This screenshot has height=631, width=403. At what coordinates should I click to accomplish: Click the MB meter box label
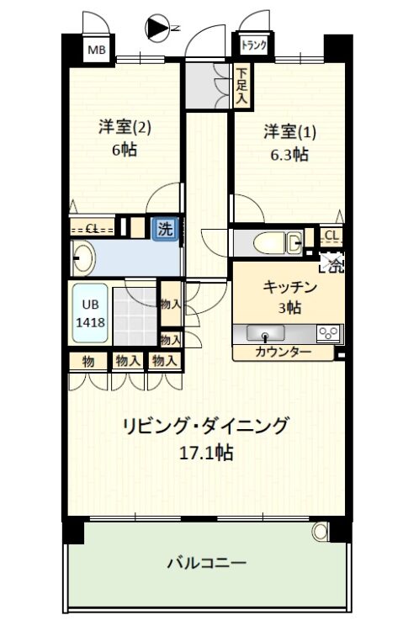point(97,50)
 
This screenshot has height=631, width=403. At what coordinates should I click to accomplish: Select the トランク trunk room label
point(253,45)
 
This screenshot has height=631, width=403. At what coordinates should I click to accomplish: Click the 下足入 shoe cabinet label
point(242,86)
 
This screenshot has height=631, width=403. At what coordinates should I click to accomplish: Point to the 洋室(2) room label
point(125,127)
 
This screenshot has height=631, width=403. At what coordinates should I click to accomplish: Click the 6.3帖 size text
point(289,154)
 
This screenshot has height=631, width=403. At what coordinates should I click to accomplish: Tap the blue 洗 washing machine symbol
point(165,229)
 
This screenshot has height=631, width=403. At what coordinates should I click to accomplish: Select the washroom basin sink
point(84,258)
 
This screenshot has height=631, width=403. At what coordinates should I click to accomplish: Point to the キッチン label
point(290,287)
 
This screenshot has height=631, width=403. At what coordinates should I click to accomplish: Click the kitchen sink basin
point(265,333)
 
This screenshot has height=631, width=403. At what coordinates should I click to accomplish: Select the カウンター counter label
point(284,353)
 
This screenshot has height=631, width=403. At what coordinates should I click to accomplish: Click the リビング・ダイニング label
point(206,426)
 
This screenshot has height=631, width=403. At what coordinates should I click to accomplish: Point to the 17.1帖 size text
point(206,453)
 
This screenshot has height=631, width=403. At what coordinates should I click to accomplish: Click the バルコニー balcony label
point(206,562)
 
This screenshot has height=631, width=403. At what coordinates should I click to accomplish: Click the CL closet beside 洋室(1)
point(332,236)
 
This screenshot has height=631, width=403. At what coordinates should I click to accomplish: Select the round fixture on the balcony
point(320,531)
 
